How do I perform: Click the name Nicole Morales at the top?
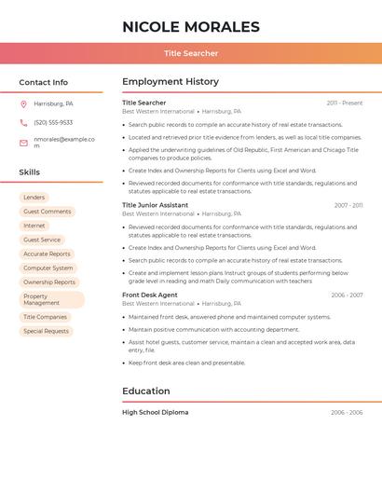click(x=191, y=27)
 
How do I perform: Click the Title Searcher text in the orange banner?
click(x=191, y=53)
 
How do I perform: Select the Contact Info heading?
click(x=44, y=82)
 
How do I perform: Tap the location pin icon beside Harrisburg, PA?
click(x=23, y=103)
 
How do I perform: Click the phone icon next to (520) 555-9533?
click(x=23, y=122)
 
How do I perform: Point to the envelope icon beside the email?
click(x=23, y=143)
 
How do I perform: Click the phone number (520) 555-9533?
click(x=53, y=122)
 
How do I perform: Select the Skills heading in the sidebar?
click(x=30, y=172)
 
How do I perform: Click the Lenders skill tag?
click(x=34, y=198)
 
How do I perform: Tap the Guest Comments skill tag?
click(x=47, y=212)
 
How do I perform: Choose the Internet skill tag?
click(x=34, y=226)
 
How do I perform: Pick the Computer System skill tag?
click(x=48, y=268)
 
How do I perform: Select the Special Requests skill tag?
click(x=46, y=331)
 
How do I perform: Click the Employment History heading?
click(x=171, y=82)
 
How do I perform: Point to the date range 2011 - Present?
click(x=345, y=103)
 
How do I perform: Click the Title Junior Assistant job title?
click(x=155, y=205)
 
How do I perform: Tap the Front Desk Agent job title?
click(x=150, y=295)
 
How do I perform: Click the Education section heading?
click(x=146, y=391)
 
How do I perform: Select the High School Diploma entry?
click(x=156, y=412)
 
